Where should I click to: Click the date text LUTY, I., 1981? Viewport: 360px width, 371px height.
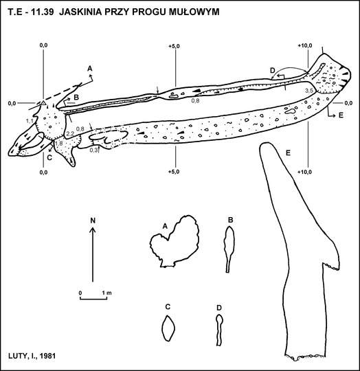tap(32, 356)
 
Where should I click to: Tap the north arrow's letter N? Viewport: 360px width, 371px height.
tap(93, 221)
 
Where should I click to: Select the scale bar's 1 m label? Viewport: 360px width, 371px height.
tap(106, 293)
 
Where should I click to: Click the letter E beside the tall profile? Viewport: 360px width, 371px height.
tap(288, 153)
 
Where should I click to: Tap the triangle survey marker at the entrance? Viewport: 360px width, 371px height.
tap(43, 103)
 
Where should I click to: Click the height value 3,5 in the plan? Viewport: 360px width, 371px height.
tap(309, 91)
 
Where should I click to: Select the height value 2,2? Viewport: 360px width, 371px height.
tap(70, 134)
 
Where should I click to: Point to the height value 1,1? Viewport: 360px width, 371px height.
tap(30, 121)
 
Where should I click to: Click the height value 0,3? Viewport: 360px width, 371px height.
tap(93, 150)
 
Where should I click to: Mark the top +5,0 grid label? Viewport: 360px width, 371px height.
tap(174, 46)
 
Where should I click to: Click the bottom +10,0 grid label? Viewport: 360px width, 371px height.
tap(304, 172)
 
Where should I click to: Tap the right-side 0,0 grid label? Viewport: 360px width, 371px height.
tap(348, 103)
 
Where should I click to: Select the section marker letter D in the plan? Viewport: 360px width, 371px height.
tap(273, 70)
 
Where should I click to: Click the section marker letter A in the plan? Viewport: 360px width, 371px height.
tap(89, 69)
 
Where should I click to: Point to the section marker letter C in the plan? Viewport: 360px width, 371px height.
tap(49, 157)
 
